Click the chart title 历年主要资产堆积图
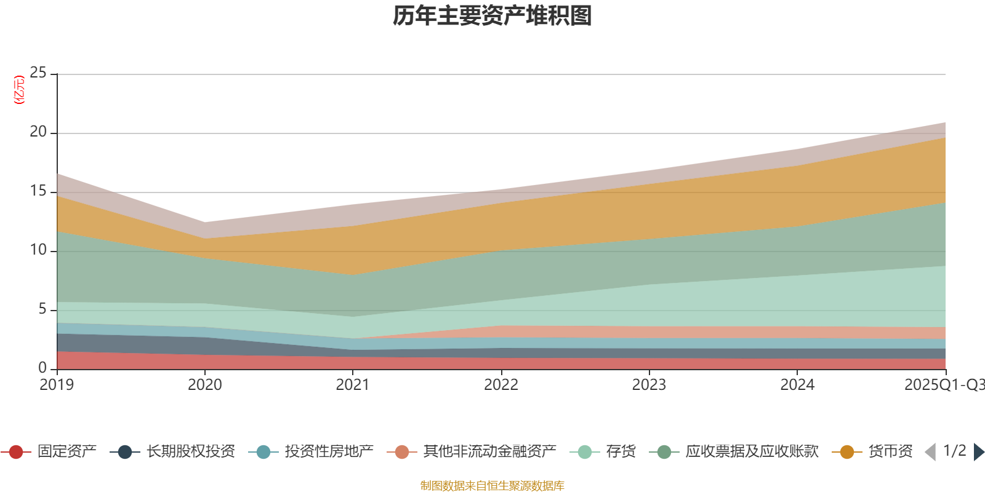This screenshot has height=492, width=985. click(x=492, y=16)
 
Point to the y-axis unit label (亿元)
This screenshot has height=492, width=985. click(x=20, y=90)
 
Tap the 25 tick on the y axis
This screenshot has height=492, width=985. click(x=38, y=73)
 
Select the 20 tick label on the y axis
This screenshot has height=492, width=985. click(x=38, y=132)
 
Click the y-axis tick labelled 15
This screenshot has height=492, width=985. click(x=38, y=191)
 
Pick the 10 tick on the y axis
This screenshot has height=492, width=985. click(x=38, y=250)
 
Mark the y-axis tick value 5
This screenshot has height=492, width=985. click(x=42, y=309)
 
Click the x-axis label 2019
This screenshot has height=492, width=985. click(x=57, y=385)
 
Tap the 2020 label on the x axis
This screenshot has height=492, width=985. click(x=204, y=385)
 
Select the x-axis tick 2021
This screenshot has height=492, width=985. click(x=352, y=385)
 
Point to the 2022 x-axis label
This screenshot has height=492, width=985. click(x=501, y=385)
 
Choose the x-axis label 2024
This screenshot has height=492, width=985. click(x=797, y=385)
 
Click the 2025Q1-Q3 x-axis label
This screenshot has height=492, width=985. click(x=943, y=385)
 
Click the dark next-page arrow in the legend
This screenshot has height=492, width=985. click(x=978, y=452)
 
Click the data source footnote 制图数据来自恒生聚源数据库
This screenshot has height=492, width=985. click(x=492, y=486)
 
